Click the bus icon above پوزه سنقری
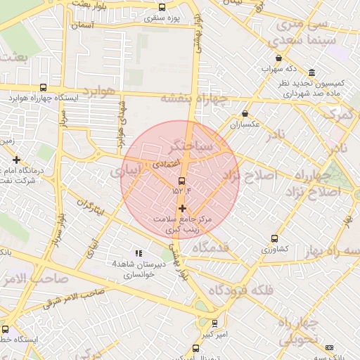[x=162, y=6]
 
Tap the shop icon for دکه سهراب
[x=279, y=58]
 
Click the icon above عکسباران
[x=245, y=113]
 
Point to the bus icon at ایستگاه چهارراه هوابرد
[x=44, y=88]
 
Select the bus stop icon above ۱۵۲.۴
[x=182, y=181]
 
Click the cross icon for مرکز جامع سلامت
[x=182, y=208]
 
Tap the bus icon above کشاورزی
[x=274, y=238]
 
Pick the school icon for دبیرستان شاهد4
[x=138, y=252]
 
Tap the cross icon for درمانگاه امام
[x=16, y=160]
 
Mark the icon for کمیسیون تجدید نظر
[x=311, y=72]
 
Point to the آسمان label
[x=81, y=25]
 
